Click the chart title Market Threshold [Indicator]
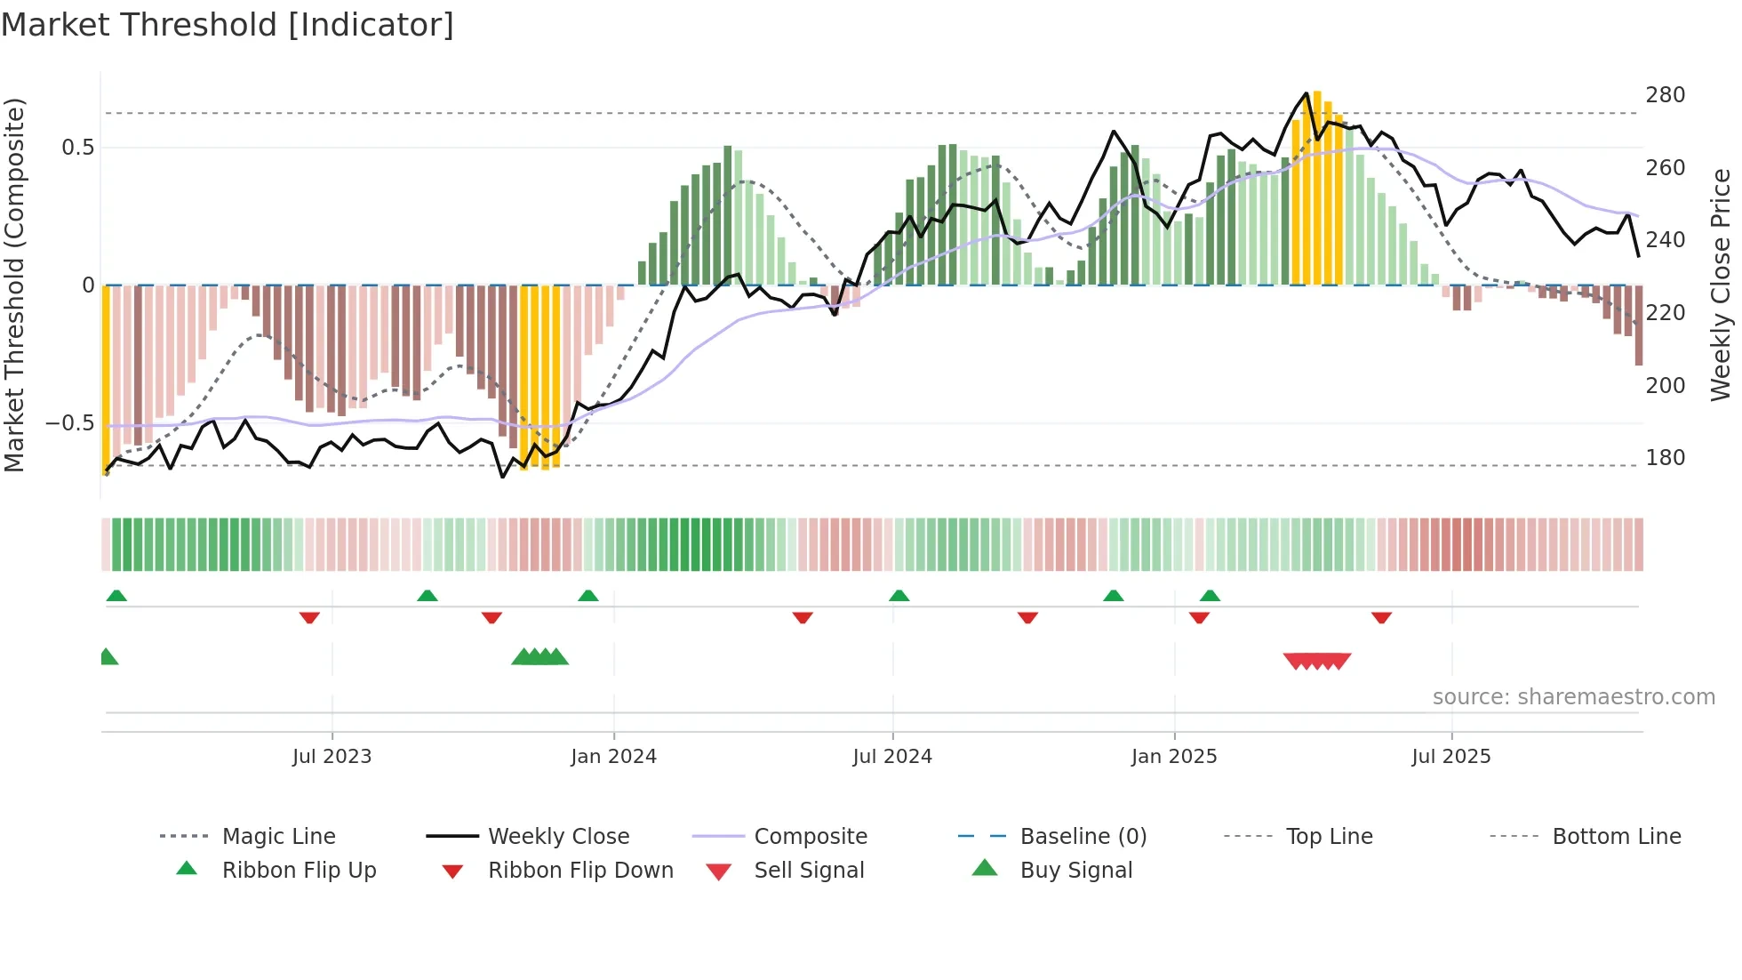coord(228,25)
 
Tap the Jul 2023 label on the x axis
coord(332,757)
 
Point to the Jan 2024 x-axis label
coord(613,757)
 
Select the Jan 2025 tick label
coord(1173,757)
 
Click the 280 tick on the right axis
coord(1665,95)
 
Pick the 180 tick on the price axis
coord(1665,458)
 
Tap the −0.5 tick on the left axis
coord(69,423)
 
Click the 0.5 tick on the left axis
coord(77,148)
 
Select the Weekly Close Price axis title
coord(1721,285)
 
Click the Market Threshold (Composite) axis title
coord(14,285)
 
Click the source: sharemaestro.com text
coord(1573,697)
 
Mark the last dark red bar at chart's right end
coord(1638,325)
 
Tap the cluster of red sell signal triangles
coord(1317,661)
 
